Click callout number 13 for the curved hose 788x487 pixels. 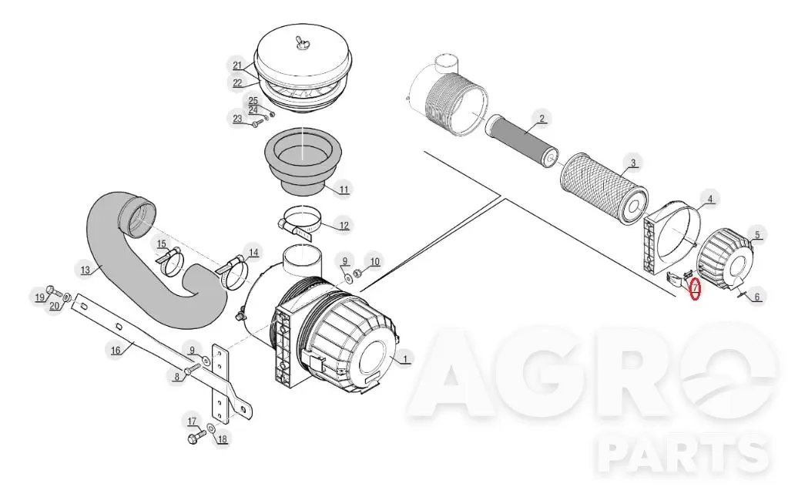(86, 270)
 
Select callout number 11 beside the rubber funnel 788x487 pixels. (344, 190)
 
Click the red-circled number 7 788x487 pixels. (696, 288)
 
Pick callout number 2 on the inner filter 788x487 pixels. (542, 119)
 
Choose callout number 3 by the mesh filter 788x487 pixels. (633, 163)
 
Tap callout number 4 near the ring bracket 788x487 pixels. (710, 200)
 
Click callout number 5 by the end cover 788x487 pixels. (757, 234)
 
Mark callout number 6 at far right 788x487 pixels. (757, 297)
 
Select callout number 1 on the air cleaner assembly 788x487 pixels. (406, 359)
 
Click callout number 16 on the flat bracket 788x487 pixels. (116, 350)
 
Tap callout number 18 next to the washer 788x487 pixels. (222, 438)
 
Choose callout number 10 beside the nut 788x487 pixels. (375, 261)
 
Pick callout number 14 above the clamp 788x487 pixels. (253, 252)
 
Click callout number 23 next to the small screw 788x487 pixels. (237, 119)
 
